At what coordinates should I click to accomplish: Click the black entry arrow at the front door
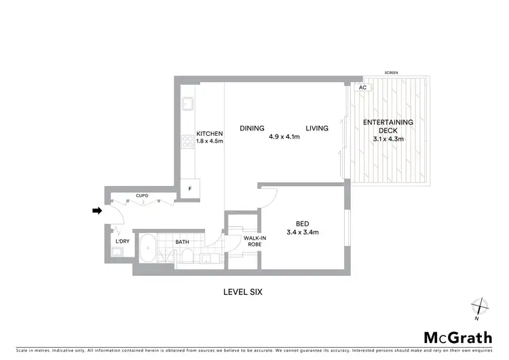pos(97,211)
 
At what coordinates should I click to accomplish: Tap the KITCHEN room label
pos(210,133)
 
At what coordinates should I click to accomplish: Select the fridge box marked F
pos(190,188)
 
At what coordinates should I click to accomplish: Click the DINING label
pos(252,128)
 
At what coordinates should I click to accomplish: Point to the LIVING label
pos(317,128)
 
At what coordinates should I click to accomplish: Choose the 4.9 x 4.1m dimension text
pos(284,137)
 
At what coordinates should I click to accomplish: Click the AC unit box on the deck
pos(362,88)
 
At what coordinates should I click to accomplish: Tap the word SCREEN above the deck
pos(391,73)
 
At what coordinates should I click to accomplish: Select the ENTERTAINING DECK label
pos(388,126)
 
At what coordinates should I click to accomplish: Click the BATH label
pos(183,242)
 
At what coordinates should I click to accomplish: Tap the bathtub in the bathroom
pos(149,249)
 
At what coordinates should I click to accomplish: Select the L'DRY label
pos(122,242)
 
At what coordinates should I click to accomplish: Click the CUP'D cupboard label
pos(142,196)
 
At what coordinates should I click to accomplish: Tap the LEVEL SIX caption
pos(242,293)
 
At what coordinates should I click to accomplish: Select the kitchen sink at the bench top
pos(187,105)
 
